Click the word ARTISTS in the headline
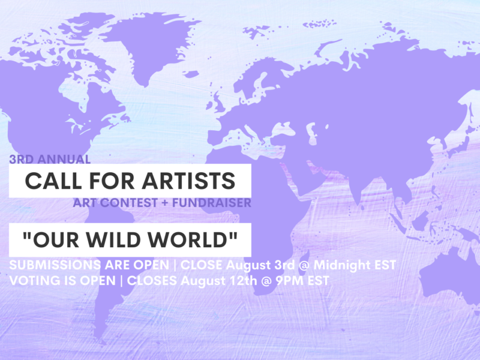tap(188, 181)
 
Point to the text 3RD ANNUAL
tap(50, 159)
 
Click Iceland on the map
tap(191, 74)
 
